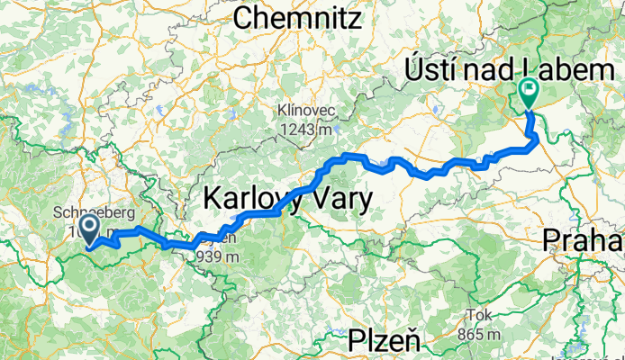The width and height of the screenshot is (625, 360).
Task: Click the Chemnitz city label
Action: tap(296, 17)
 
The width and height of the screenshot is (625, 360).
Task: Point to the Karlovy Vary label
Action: tap(286, 196)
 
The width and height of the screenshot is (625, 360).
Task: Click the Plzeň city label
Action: tap(386, 342)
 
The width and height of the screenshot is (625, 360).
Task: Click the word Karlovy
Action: tap(253, 196)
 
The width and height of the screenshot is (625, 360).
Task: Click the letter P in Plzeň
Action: tap(357, 342)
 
